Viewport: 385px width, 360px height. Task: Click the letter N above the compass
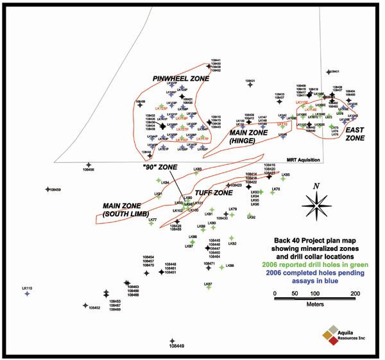coord(316,186)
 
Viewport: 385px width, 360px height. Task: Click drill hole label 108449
coord(173,347)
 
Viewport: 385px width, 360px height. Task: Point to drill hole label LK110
coord(26,288)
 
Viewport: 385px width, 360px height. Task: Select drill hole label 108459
coord(54,189)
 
